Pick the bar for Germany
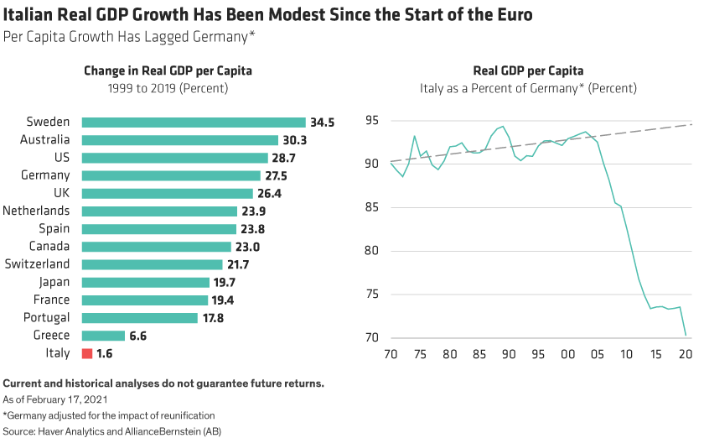(x=171, y=175)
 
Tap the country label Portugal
(x=47, y=318)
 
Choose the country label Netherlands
(x=37, y=211)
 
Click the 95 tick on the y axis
(x=373, y=121)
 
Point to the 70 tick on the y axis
(x=373, y=338)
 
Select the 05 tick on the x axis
(x=596, y=355)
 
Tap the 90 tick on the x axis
(x=508, y=355)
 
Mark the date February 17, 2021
(x=66, y=400)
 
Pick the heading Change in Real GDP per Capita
(x=168, y=71)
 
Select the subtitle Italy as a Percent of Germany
(x=528, y=87)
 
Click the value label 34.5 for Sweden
(x=322, y=123)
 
